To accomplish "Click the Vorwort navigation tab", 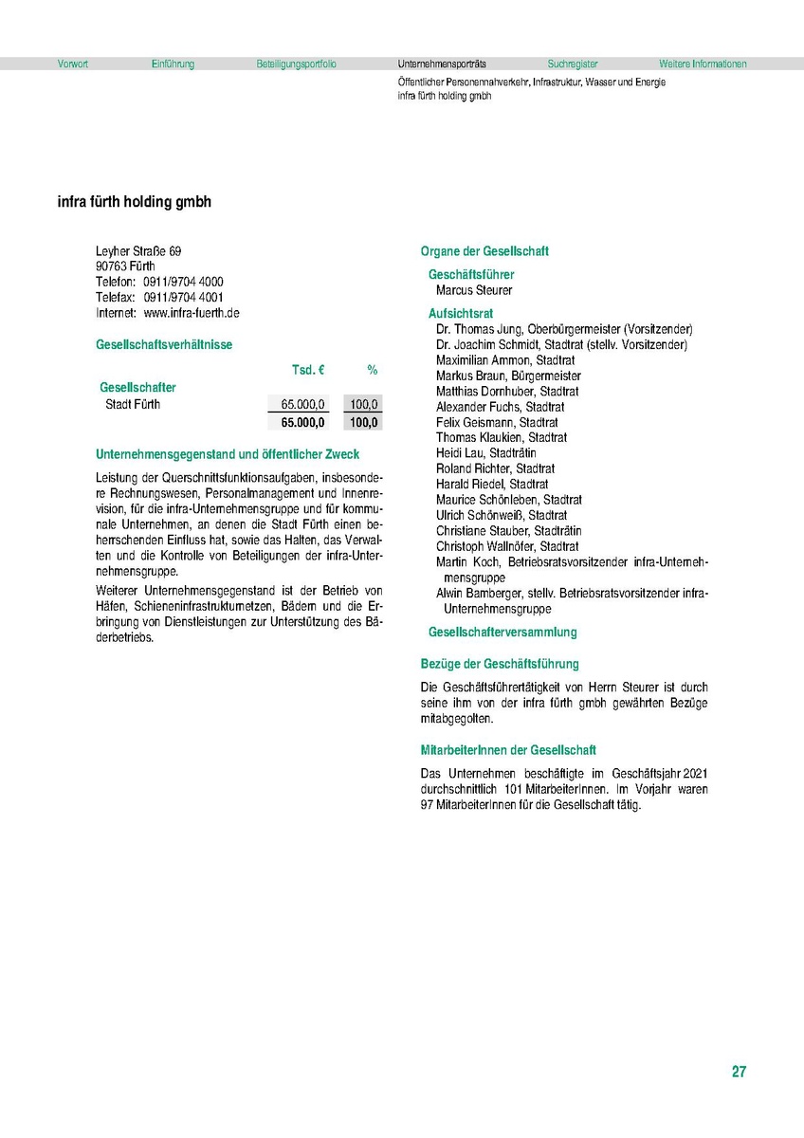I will click(x=72, y=64).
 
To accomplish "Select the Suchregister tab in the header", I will click(x=573, y=64).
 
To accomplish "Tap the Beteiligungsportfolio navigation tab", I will click(x=296, y=64).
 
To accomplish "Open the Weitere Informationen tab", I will click(x=703, y=64).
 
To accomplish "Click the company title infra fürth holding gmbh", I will click(x=135, y=203).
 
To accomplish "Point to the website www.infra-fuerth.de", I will click(x=192, y=313).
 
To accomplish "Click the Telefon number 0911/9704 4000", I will click(x=184, y=283).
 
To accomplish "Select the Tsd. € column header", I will click(x=308, y=369).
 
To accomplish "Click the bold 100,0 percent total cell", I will click(x=364, y=423).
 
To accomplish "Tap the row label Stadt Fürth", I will click(x=133, y=405).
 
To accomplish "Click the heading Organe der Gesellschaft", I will click(x=484, y=252).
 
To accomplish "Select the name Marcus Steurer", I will click(x=474, y=290).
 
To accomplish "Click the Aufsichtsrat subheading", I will click(x=461, y=313).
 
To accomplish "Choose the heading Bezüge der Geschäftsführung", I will click(x=500, y=664).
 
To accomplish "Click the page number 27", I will click(x=739, y=1073).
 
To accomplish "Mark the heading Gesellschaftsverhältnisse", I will click(x=164, y=345).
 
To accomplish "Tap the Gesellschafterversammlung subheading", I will click(x=502, y=633).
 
